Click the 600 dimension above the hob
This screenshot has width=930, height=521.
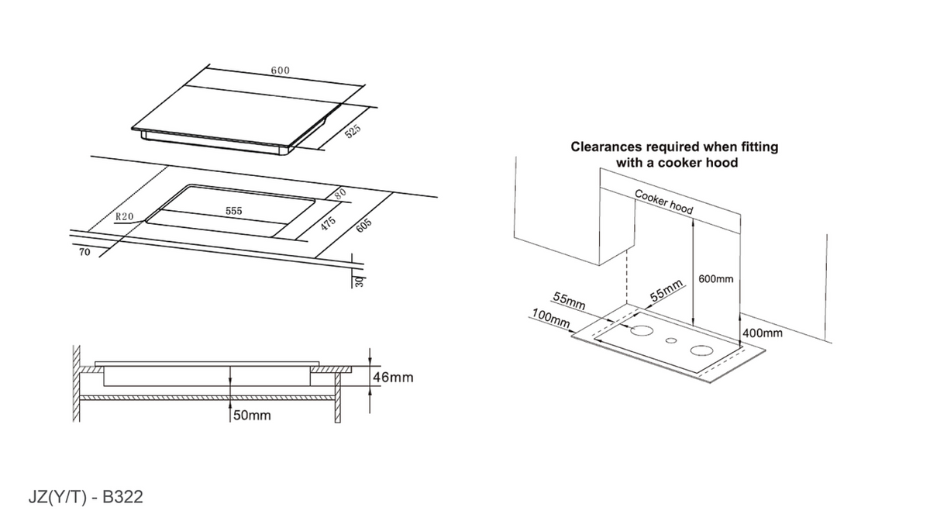pyautogui.click(x=281, y=71)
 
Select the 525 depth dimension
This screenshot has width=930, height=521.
pyautogui.click(x=353, y=131)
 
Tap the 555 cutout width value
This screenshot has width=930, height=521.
pyautogui.click(x=234, y=211)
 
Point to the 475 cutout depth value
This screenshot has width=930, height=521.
pyautogui.click(x=328, y=223)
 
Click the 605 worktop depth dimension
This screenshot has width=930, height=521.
pyautogui.click(x=363, y=225)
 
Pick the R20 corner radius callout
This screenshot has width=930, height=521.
pyautogui.click(x=125, y=216)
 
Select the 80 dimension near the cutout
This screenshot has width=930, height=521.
pyautogui.click(x=340, y=193)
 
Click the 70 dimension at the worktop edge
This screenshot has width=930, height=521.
pyautogui.click(x=84, y=252)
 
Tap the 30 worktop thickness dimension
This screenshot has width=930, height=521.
pyautogui.click(x=360, y=281)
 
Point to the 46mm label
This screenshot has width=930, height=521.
pyautogui.click(x=393, y=378)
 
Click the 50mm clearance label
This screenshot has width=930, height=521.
pyautogui.click(x=252, y=415)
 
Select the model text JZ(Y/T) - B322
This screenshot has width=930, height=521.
pyautogui.click(x=85, y=497)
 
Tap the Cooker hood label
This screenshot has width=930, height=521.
pyautogui.click(x=664, y=202)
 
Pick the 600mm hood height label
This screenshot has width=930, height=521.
pyautogui.click(x=716, y=279)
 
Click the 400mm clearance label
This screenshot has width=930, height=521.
pyautogui.click(x=763, y=333)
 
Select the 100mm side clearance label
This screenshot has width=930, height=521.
pyautogui.click(x=551, y=318)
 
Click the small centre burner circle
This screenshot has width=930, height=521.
pyautogui.click(x=671, y=341)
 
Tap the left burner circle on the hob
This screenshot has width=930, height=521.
pyautogui.click(x=642, y=331)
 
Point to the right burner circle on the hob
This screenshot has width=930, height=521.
pyautogui.click(x=701, y=350)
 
